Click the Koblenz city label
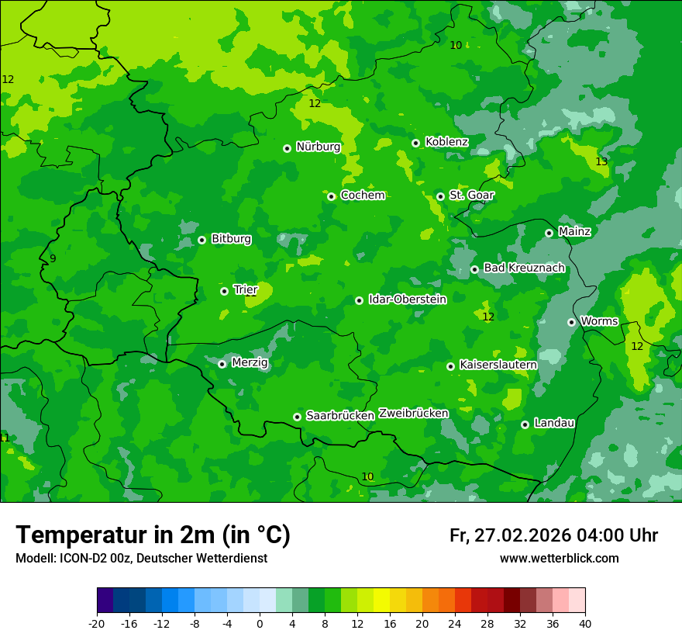pos(446,142)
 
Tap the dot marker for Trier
pos(224,291)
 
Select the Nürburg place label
pos(318,147)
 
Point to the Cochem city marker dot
pos(331,196)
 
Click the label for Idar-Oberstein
pos(407,299)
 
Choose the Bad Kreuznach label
pos(524,268)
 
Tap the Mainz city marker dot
pos(549,233)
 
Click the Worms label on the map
pos(599,321)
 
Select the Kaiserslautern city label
pos(498,365)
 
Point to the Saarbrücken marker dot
pos(297,417)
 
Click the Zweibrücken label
pos(413,414)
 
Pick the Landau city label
pos(554,423)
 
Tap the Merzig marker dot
pos(222,364)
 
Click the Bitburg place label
pos(231,239)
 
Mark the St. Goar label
pos(471,196)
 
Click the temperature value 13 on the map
pos(601,161)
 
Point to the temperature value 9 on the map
pos(53,258)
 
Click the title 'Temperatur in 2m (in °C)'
pos(153,535)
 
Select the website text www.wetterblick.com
pos(559,559)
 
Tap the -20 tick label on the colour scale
pos(96,623)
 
